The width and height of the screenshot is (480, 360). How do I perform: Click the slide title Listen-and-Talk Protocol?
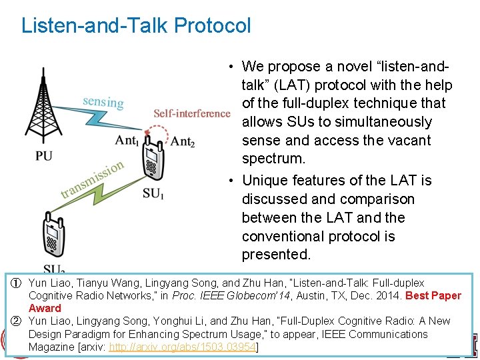point(136,26)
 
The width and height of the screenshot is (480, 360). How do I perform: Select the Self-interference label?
point(191,113)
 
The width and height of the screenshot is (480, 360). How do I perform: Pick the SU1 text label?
point(153,194)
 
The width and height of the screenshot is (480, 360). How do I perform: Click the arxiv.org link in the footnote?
point(183,347)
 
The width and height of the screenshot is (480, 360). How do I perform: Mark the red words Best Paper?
point(433,295)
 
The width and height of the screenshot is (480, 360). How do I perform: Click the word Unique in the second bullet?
point(263,181)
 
